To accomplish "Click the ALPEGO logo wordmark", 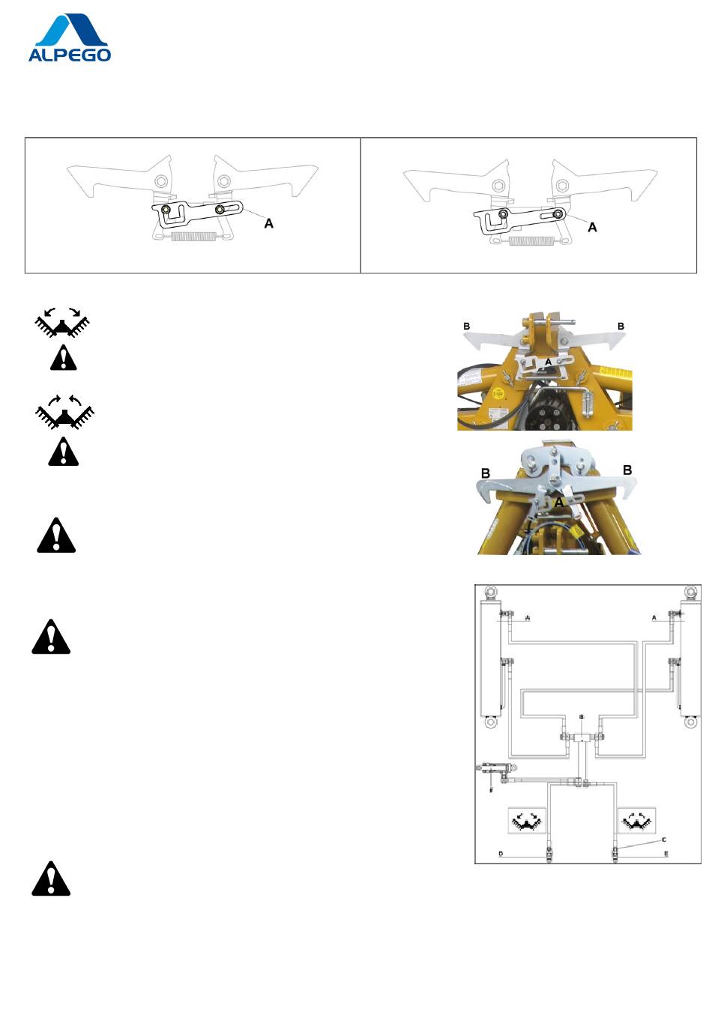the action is pos(70,55).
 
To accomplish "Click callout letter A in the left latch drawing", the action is pos(269,223).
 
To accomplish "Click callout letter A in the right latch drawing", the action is pos(592,227).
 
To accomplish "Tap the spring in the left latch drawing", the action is pos(193,237).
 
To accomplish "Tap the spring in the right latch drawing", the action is pos(531,241).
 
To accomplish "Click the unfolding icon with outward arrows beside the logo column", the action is pos(63,321).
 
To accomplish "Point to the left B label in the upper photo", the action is pos(467,327).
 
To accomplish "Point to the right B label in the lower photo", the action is pos(627,470).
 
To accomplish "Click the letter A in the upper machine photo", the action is pos(548,362).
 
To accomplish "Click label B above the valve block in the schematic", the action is pos(581,717).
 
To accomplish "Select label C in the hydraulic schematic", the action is pos(663,840).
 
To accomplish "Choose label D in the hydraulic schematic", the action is pos(501,854).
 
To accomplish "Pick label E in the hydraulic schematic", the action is pos(666,854).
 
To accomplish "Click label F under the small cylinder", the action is pos(491,790).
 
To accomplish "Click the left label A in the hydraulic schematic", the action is pos(528,618).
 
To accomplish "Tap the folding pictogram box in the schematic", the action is pos(637,821).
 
